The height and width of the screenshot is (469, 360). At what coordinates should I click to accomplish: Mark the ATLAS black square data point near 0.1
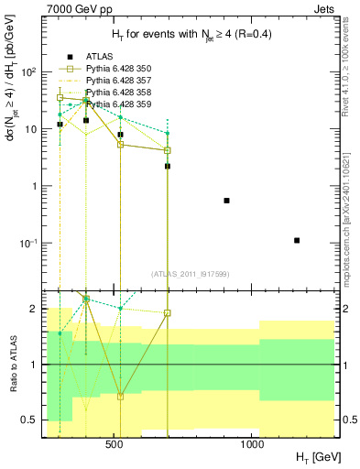pos(297,240)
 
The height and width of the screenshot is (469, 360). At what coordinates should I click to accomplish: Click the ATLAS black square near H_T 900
pos(226,200)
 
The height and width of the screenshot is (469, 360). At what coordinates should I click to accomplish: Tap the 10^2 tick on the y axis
pos(29,71)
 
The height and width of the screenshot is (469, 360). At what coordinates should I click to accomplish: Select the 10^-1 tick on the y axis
pos(29,243)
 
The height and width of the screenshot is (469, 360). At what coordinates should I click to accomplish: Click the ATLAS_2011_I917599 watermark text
pos(189,273)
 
